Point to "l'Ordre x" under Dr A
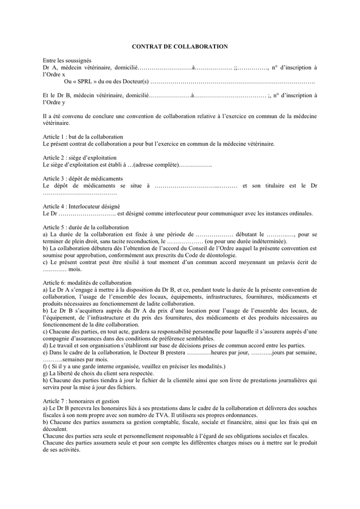pyautogui.click(x=54, y=74)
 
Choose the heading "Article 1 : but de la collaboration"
pyautogui.click(x=83, y=137)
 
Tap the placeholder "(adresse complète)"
pyautogui.click(x=154, y=165)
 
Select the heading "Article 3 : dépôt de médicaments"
pyautogui.click(x=83, y=178)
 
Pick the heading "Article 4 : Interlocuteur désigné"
pyautogui.click(x=82, y=206)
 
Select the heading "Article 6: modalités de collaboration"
pyautogui.click(x=87, y=282)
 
